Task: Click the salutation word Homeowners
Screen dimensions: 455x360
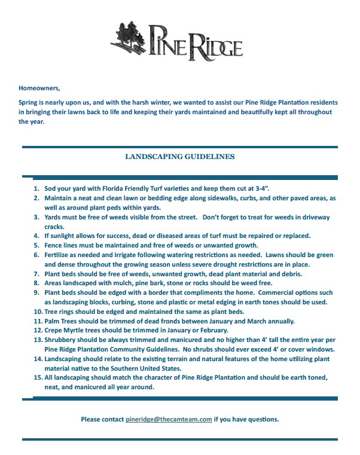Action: pyautogui.click(x=39, y=87)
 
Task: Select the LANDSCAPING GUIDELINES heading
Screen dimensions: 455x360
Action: pyautogui.click(x=179, y=157)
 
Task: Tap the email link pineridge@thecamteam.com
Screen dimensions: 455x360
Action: pyautogui.click(x=169, y=419)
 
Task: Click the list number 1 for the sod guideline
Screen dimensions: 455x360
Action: pyautogui.click(x=36, y=188)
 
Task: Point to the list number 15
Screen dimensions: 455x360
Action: pyautogui.click(x=36, y=378)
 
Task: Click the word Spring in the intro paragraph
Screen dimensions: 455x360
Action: pyautogui.click(x=30, y=102)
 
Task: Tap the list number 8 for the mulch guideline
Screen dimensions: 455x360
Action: pyautogui.click(x=36, y=283)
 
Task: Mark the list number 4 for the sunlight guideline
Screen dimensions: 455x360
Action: pyautogui.click(x=36, y=236)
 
